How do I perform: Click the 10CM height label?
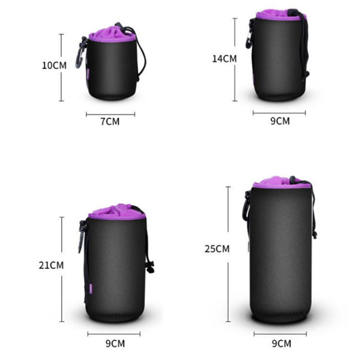click(54, 65)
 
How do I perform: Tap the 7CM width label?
click(110, 121)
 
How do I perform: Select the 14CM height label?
click(224, 59)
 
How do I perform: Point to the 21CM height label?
click(51, 265)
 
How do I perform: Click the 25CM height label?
click(217, 249)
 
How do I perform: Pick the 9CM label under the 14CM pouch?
click(280, 121)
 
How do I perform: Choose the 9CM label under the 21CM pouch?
click(115, 343)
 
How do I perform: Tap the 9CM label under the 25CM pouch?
click(282, 343)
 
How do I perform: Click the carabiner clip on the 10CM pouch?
click(81, 52)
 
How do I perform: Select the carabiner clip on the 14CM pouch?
click(250, 35)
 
